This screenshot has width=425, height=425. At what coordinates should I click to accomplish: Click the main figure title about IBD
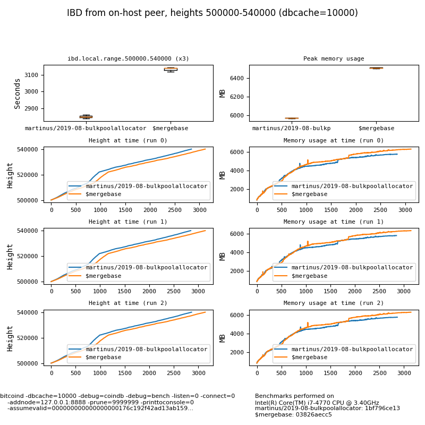pos(212,13)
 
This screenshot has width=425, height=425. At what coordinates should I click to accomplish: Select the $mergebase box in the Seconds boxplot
pos(171,69)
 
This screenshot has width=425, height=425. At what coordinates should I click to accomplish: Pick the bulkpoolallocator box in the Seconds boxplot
pos(86,116)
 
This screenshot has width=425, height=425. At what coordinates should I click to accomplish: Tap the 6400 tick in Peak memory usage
pos(237,78)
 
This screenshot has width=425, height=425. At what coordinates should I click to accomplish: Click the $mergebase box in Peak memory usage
pos(376,68)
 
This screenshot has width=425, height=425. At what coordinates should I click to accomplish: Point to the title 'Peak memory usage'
pos(334,59)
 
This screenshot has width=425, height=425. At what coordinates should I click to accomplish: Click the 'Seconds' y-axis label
pos(18,93)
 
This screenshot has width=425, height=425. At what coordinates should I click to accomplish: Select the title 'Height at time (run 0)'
pos(128,141)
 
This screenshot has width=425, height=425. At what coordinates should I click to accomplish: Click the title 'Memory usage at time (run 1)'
pos(334,222)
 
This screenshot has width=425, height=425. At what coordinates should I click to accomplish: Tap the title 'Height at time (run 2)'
pos(128,303)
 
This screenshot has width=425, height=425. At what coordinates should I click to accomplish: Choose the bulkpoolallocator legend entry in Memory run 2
pos(352,349)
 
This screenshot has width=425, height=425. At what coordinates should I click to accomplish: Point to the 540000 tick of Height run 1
pos(30,231)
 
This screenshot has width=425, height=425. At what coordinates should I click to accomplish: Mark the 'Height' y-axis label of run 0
pos(10,175)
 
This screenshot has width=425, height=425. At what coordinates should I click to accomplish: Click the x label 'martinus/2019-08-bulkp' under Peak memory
pos(291,128)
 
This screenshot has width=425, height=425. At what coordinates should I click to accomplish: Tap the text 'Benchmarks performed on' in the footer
pos(294,396)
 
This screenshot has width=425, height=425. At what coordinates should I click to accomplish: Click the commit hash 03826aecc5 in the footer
pos(313,415)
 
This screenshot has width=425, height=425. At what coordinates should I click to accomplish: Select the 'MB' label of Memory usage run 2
pos(223,338)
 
